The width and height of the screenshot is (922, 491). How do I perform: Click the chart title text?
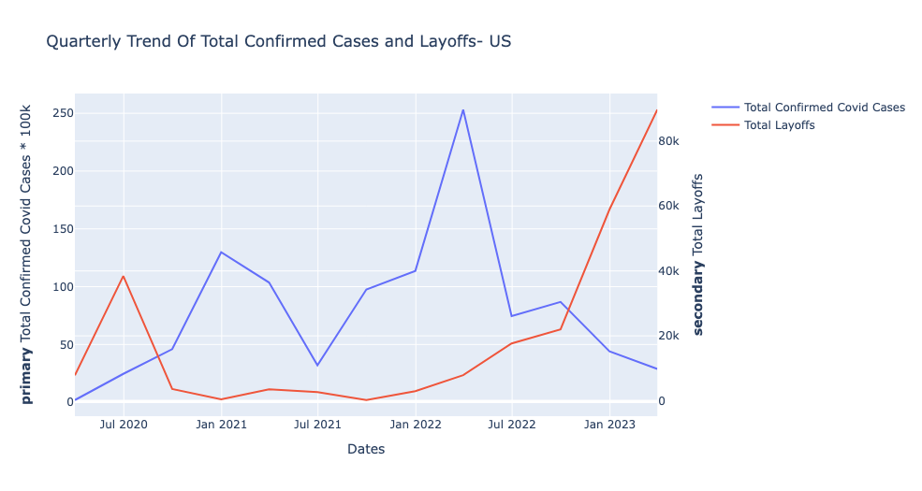[278, 41]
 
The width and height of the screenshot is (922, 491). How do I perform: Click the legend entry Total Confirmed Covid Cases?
[824, 108]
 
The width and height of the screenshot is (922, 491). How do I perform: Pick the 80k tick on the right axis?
[677, 141]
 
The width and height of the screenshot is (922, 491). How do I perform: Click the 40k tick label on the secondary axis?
[677, 271]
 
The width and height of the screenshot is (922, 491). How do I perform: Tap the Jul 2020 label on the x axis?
[124, 425]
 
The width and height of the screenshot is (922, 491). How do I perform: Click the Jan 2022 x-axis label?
[415, 425]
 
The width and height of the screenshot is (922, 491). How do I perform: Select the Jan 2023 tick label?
[609, 425]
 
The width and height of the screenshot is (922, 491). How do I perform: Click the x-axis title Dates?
[365, 450]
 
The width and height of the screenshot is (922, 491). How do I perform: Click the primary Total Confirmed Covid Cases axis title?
[27, 253]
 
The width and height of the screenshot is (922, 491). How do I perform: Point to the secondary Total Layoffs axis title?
[698, 253]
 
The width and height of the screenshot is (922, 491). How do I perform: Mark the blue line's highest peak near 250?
[462, 109]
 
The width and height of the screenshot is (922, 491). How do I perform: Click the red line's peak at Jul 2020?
[123, 276]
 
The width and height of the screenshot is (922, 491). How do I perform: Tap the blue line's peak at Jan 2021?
[221, 252]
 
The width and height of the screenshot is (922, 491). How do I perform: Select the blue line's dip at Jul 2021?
[317, 366]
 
